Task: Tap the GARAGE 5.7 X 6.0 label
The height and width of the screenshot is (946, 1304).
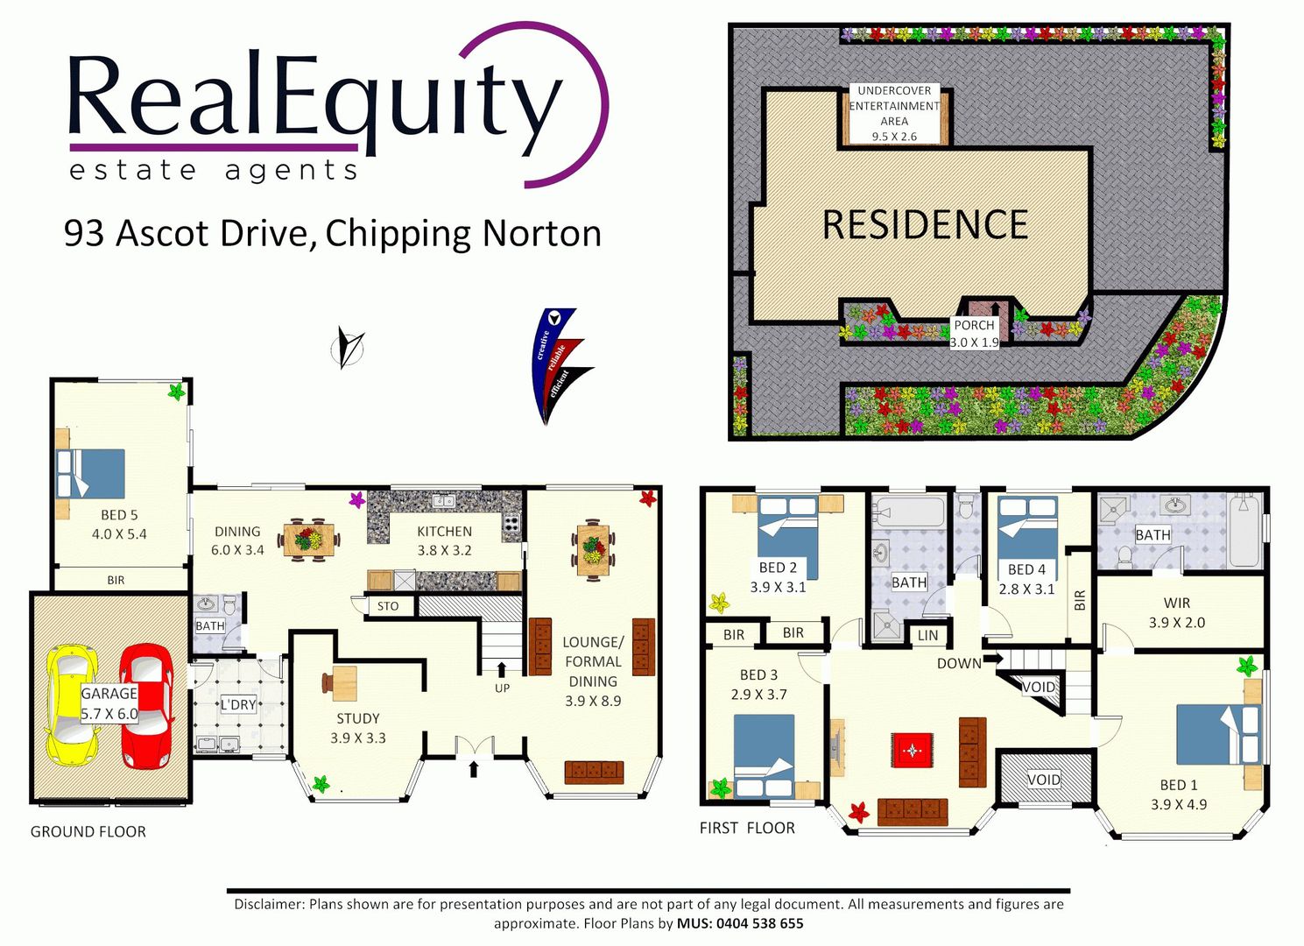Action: pos(109,703)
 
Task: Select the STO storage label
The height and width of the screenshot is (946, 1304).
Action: pos(388,606)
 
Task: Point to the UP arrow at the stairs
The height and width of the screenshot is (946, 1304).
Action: pos(501,669)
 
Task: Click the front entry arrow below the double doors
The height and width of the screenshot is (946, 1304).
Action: pos(473,769)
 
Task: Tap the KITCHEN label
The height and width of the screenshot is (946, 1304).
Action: pos(444,531)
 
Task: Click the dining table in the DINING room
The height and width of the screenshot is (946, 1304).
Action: pos(309,540)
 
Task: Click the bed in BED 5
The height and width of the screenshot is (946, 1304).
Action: pos(90,473)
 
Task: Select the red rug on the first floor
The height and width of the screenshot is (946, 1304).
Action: pos(913,751)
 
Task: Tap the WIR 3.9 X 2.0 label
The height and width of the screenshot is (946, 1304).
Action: pos(1176,612)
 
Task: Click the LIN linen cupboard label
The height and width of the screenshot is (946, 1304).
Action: pos(927,635)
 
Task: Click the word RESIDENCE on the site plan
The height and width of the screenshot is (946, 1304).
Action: pos(925,225)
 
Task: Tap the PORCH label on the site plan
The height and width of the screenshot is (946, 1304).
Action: pos(974,325)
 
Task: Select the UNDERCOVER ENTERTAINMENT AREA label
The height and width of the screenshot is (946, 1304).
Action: pos(894,106)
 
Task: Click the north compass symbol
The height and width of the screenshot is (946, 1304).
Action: pos(348,348)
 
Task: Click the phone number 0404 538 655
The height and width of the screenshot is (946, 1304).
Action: pos(759,923)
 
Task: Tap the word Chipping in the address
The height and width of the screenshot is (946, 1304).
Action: pos(400,235)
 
